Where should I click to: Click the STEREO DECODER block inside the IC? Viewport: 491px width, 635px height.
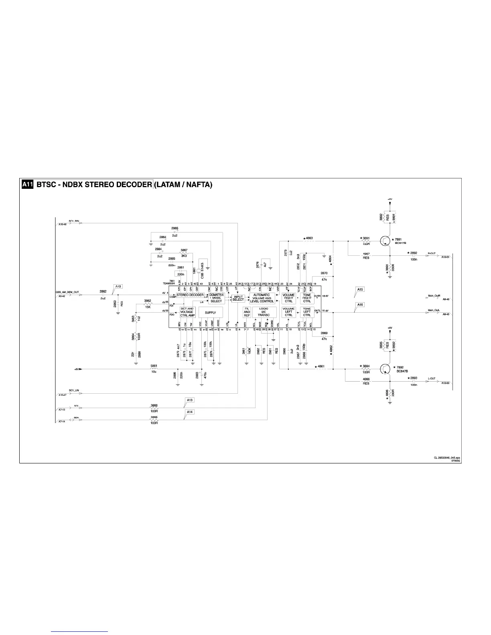tap(190, 295)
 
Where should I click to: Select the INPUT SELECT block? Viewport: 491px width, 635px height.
tap(238, 299)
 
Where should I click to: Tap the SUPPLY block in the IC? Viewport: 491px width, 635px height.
tap(210, 313)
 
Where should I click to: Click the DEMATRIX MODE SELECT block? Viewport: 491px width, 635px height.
tap(216, 298)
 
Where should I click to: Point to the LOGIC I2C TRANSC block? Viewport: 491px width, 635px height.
tap(264, 312)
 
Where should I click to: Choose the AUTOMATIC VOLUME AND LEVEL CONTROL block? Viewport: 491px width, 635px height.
tap(262, 298)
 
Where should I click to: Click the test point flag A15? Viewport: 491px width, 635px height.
tap(359, 289)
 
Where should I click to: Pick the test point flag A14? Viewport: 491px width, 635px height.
tap(190, 412)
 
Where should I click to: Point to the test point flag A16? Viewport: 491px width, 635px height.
tap(359, 305)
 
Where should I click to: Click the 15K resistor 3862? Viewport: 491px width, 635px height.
tap(148, 304)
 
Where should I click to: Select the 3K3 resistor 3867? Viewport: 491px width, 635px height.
tap(184, 253)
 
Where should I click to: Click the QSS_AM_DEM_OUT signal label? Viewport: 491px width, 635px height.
tap(67, 292)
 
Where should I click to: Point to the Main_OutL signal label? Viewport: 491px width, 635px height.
tap(434, 310)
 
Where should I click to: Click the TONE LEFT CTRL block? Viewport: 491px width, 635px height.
tap(307, 312)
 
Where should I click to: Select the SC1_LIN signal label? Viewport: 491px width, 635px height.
tap(74, 390)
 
